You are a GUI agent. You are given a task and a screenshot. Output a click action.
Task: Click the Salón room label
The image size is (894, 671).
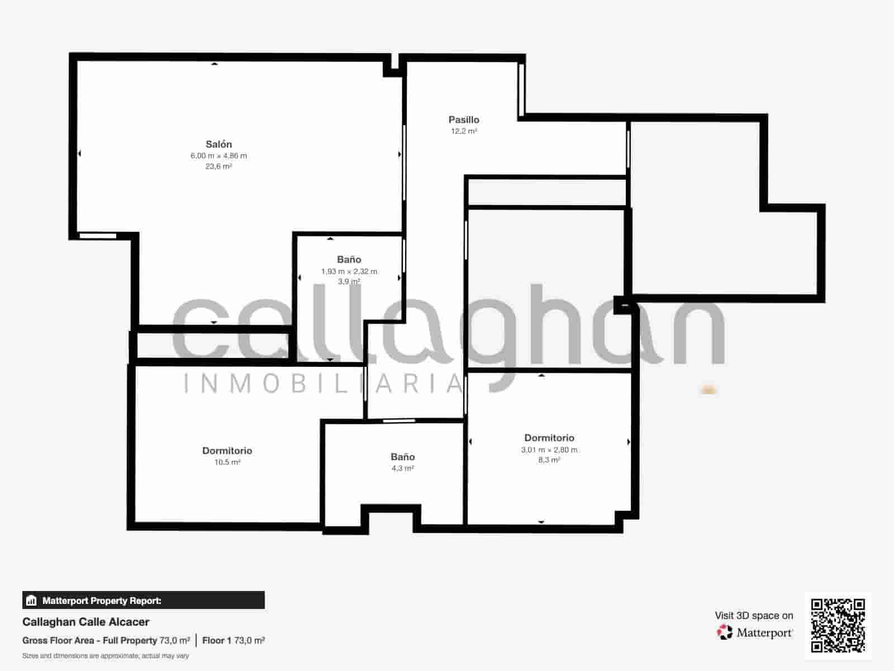[x=218, y=144]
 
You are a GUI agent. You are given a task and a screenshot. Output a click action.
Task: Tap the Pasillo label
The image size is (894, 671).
[x=464, y=120]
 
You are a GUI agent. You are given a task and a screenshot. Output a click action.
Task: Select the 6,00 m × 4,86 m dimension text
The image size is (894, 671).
[x=218, y=156]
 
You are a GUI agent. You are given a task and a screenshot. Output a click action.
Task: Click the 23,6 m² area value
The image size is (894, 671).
[x=218, y=166]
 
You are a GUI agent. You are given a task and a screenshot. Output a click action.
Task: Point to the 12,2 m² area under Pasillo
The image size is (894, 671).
[x=464, y=131]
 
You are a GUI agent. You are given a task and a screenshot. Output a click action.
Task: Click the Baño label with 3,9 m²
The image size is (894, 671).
[x=349, y=259]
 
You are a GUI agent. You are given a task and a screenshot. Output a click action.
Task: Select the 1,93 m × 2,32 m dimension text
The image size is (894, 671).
[x=349, y=272]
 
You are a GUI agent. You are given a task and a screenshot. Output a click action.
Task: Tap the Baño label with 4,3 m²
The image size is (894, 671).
[x=402, y=457]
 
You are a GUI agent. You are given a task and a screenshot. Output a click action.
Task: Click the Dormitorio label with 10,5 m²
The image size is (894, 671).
[x=227, y=451]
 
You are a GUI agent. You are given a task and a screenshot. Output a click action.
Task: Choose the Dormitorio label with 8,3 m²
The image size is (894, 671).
[x=549, y=438]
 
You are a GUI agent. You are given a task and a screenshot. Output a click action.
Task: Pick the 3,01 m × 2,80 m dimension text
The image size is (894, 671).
[x=549, y=450]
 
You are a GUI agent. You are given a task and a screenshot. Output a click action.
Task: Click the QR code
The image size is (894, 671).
[x=838, y=625]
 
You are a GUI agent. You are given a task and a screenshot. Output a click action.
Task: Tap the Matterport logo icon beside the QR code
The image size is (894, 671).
[x=725, y=632]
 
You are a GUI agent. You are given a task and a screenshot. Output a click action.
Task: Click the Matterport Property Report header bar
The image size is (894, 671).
[x=143, y=601]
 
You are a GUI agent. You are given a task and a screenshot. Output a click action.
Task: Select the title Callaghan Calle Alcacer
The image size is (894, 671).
[x=85, y=622]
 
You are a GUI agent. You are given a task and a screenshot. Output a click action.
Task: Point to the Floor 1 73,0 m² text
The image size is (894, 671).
[x=233, y=640]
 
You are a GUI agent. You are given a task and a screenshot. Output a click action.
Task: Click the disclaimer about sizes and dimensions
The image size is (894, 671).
[x=106, y=655]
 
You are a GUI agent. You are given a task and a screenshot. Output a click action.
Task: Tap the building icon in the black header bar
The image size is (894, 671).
[x=31, y=601]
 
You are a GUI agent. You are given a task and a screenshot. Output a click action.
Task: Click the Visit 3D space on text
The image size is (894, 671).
[x=754, y=616]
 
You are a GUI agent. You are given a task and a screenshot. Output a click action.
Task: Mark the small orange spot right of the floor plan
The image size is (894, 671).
[x=708, y=390]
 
